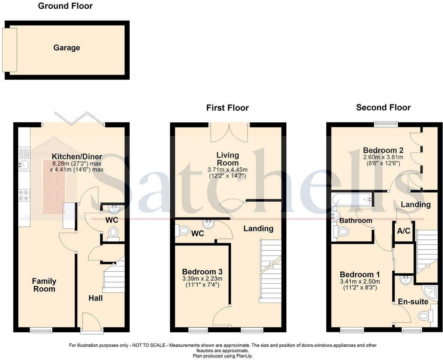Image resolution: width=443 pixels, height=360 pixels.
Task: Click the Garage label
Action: pyautogui.click(x=67, y=48)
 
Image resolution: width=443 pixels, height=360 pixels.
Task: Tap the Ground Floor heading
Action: pyautogui.click(x=65, y=6)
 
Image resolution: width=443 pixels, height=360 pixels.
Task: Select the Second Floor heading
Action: pyautogui.click(x=383, y=108)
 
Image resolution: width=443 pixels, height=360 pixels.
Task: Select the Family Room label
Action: pyautogui.click(x=44, y=285)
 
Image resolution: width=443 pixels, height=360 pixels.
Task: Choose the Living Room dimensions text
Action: pyautogui.click(x=227, y=173)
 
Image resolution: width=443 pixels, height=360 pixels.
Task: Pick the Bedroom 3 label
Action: pyautogui.click(x=202, y=272)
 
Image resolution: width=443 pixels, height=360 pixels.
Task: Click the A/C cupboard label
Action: pyautogui.click(x=403, y=231)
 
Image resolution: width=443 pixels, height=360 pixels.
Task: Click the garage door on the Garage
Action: pyautogui.click(x=9, y=50)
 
